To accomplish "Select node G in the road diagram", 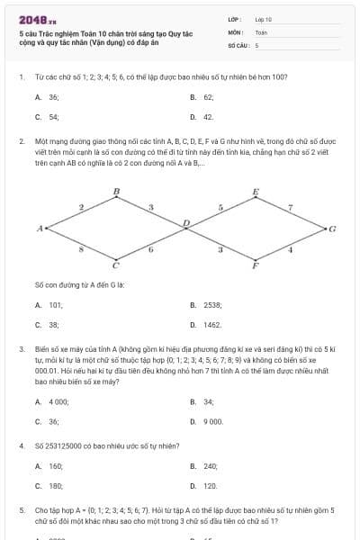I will [x=332, y=229].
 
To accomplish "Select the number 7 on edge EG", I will [x=290, y=207].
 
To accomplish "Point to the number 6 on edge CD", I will [x=150, y=249].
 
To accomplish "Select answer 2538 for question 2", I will [x=211, y=305].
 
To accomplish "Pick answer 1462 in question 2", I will [x=211, y=324].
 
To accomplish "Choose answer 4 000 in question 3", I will [x=58, y=401].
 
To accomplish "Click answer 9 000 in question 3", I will [x=211, y=420].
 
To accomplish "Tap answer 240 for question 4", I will [x=211, y=466].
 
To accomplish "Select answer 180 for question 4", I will [x=55, y=485].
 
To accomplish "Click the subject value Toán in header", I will [x=261, y=31].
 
